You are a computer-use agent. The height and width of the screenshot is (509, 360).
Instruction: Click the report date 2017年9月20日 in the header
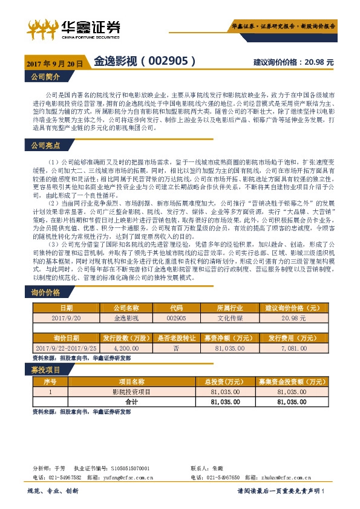pyautogui.click(x=54, y=62)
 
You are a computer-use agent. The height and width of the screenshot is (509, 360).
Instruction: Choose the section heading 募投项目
pyautogui.click(x=45, y=369)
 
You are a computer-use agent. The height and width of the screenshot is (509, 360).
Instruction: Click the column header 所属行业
pyautogui.click(x=228, y=307)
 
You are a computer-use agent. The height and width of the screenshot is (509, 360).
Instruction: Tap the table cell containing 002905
pyautogui.click(x=175, y=317)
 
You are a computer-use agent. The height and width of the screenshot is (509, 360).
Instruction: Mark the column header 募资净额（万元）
pyautogui.click(x=228, y=339)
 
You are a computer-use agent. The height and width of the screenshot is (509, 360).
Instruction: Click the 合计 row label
pyautogui.click(x=131, y=401)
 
